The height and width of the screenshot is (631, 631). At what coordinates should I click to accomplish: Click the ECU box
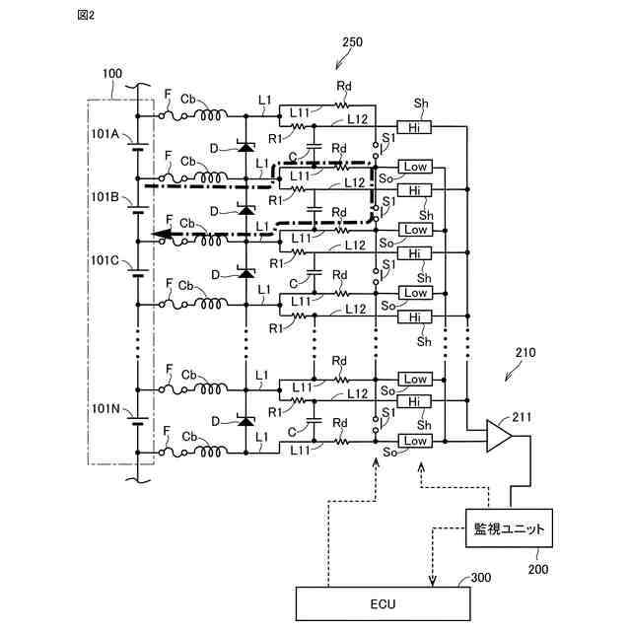(383, 603)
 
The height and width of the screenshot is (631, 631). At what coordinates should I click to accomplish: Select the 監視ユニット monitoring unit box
(509, 528)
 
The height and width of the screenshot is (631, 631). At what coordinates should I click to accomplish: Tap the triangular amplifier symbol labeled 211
(498, 436)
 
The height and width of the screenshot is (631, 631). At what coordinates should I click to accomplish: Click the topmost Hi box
(414, 127)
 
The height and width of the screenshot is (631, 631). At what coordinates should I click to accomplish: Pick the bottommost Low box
(415, 441)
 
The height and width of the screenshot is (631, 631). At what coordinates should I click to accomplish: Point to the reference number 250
(352, 42)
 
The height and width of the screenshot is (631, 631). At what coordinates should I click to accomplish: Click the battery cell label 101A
(105, 134)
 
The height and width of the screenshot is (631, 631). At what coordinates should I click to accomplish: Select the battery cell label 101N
(105, 409)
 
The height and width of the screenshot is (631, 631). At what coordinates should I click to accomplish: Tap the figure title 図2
(86, 16)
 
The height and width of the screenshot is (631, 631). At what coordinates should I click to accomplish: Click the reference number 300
(481, 578)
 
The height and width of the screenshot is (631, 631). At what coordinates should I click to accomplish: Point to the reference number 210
(526, 353)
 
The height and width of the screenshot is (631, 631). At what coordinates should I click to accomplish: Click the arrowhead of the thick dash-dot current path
(160, 234)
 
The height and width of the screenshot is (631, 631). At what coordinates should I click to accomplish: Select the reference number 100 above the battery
(112, 74)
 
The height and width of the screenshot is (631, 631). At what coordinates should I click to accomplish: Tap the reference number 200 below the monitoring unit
(538, 569)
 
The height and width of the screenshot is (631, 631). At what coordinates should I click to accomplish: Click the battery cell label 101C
(105, 260)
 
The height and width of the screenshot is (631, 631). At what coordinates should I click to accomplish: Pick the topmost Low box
(415, 167)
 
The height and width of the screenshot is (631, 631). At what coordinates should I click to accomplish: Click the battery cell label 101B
(105, 197)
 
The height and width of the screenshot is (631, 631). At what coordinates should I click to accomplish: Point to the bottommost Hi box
(414, 401)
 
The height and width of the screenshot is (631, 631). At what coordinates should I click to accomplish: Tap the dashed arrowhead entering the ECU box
(432, 582)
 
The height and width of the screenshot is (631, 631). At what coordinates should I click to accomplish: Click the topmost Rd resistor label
(344, 86)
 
